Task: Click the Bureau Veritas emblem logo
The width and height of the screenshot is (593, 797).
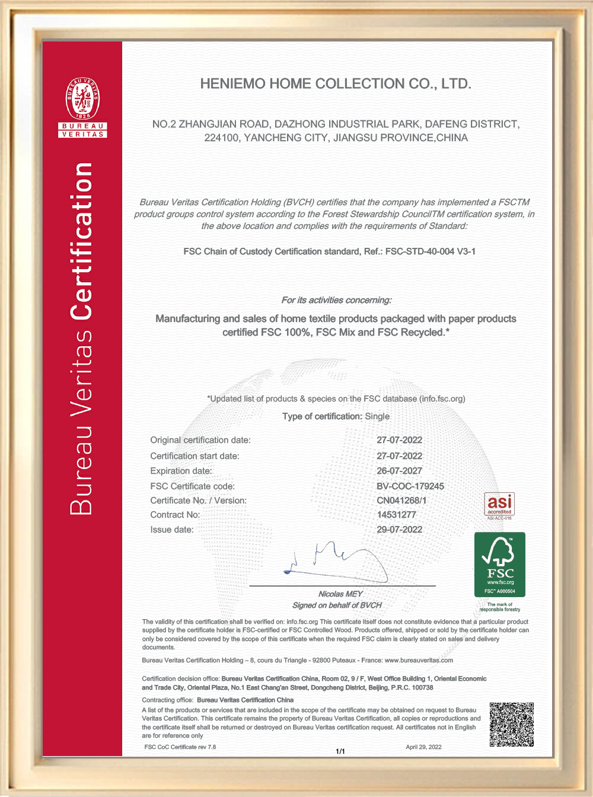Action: pyautogui.click(x=82, y=101)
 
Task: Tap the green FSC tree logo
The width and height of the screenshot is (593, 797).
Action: pyautogui.click(x=499, y=564)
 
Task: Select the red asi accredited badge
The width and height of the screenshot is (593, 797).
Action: pyautogui.click(x=499, y=504)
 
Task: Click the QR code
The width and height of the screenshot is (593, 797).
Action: pyautogui.click(x=511, y=725)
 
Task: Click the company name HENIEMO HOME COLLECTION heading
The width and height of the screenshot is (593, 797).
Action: pyautogui.click(x=336, y=84)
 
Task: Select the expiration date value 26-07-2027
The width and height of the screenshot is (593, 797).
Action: pyautogui.click(x=399, y=471)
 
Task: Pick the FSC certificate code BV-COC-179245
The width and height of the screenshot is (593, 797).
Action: pyautogui.click(x=410, y=486)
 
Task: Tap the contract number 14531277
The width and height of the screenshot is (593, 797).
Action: pyautogui.click(x=396, y=515)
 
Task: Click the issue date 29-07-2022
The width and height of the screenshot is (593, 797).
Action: pyautogui.click(x=399, y=530)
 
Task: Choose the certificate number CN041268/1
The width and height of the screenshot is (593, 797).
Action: pyautogui.click(x=401, y=500)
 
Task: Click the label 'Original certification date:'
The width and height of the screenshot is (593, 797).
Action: pyautogui.click(x=200, y=440)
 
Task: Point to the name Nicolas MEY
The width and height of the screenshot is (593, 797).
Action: pyautogui.click(x=340, y=594)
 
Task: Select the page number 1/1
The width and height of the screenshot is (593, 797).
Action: pyautogui.click(x=340, y=751)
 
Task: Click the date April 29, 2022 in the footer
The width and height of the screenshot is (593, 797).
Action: pyautogui.click(x=423, y=747)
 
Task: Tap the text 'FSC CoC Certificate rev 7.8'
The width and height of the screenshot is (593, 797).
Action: pyautogui.click(x=180, y=747)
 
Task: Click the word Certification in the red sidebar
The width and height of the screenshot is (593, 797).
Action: pyautogui.click(x=82, y=241)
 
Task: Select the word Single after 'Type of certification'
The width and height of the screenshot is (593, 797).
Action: pyautogui.click(x=377, y=416)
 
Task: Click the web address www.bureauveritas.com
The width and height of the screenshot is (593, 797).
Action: pyautogui.click(x=419, y=661)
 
